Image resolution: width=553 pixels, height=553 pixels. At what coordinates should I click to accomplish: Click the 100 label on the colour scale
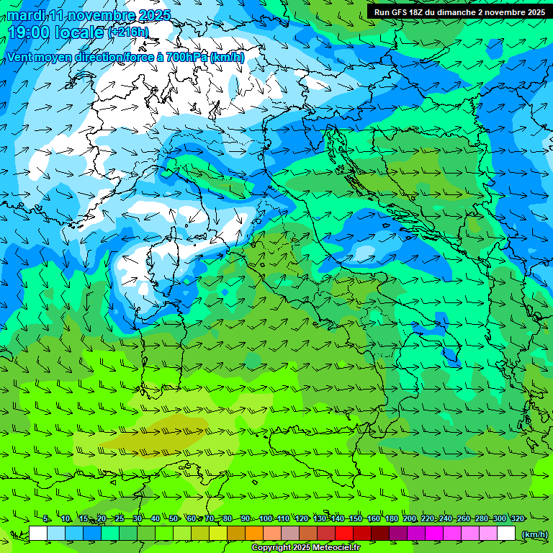coord(266,518)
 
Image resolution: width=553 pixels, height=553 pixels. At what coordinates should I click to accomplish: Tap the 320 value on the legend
coord(518,518)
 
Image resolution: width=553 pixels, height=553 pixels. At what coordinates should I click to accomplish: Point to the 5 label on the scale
coord(46,518)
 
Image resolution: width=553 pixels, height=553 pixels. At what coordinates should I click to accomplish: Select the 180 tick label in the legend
coord(392,518)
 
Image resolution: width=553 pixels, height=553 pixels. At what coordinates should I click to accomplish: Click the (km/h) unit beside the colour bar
coord(534,534)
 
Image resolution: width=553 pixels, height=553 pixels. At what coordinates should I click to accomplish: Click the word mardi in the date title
coord(26,15)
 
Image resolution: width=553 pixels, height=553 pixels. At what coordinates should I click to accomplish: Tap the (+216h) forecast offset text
coord(129,32)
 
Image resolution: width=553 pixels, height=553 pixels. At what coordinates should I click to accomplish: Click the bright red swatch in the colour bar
coord(344,534)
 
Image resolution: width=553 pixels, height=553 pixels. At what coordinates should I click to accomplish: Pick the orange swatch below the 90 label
coord(254,534)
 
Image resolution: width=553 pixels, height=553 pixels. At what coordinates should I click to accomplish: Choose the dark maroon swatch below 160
coord(380,534)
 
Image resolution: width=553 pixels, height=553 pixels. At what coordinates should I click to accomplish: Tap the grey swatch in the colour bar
coord(290,534)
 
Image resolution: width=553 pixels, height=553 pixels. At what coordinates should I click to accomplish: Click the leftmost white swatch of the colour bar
coord(38,534)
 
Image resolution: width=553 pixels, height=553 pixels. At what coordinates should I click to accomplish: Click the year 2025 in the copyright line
coord(297,548)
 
